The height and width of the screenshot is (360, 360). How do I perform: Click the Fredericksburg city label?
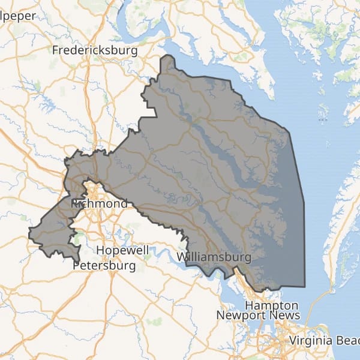[95, 50]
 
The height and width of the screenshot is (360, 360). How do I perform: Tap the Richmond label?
[99, 204]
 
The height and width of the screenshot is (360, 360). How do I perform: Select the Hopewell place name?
[122, 249]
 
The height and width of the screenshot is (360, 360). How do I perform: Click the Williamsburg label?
[214, 257]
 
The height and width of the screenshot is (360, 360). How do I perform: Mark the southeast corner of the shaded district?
[305, 286]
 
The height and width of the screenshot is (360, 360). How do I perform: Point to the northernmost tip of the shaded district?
[166, 56]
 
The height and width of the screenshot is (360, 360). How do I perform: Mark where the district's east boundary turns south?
[290, 130]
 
